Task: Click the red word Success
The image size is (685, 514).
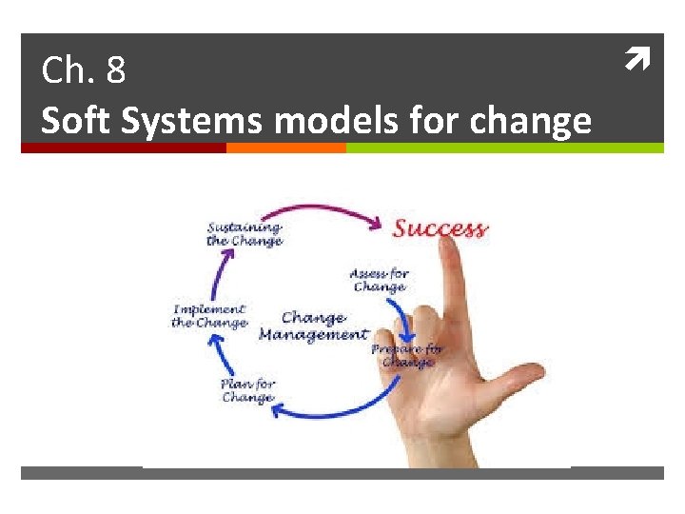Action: pos(440,228)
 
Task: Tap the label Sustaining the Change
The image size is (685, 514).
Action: pos(245,234)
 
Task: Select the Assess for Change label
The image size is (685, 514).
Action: pos(379,280)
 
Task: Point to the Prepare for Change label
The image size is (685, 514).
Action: pos(407,355)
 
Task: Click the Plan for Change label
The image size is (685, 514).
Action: pos(248,390)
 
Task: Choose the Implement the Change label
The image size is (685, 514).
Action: pos(209,316)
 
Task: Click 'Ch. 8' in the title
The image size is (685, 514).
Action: pos(84,70)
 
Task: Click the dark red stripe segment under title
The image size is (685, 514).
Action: pos(124,148)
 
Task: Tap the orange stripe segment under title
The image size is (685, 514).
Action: pos(285,148)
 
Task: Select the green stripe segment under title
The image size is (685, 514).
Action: pos(504,148)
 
